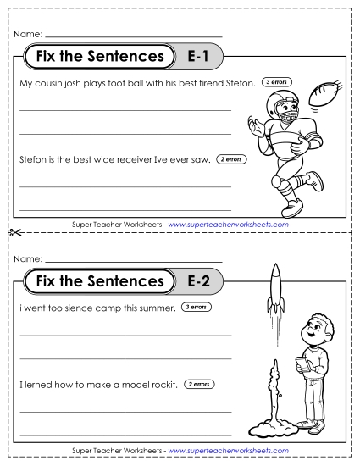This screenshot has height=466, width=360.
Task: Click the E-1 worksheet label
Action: (x=201, y=58)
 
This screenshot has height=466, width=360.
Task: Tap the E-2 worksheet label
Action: (x=201, y=280)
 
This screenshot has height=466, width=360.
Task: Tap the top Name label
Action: (x=27, y=34)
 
